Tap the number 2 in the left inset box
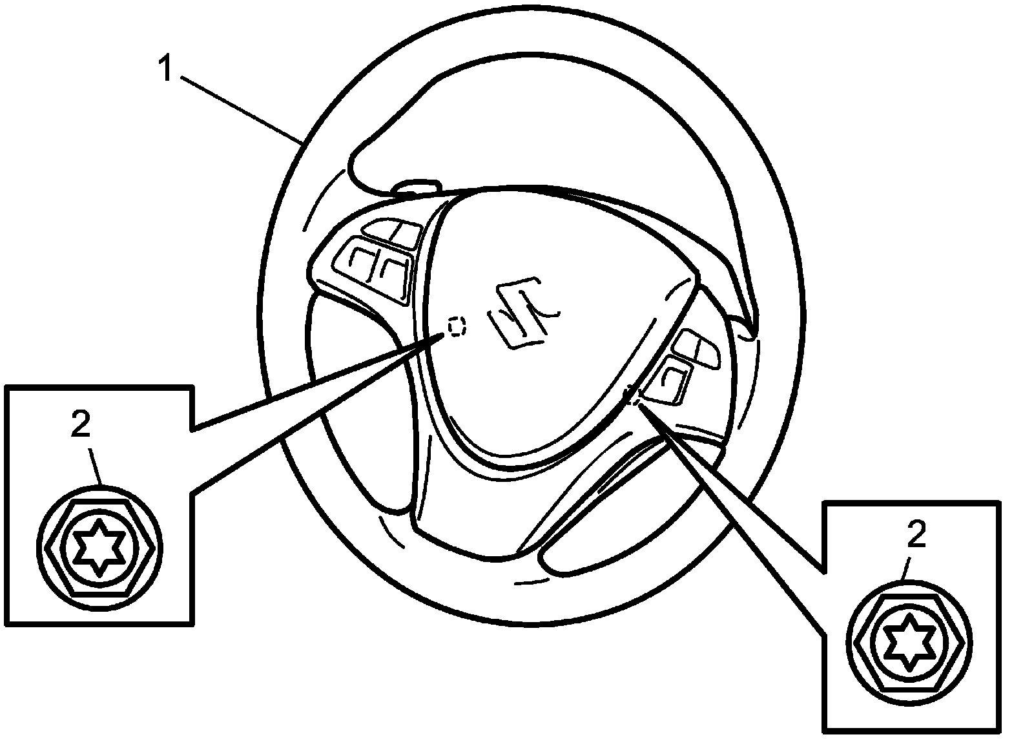pos(81,426)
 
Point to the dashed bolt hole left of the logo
pos(457,327)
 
